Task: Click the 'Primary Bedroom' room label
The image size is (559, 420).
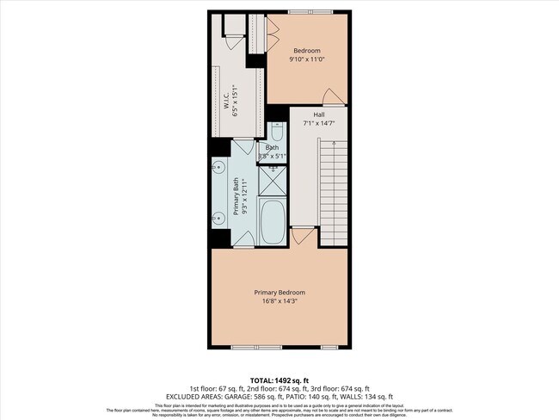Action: click(x=279, y=292)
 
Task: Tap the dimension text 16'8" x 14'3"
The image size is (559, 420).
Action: click(x=279, y=301)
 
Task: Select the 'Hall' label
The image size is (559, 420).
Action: click(x=318, y=114)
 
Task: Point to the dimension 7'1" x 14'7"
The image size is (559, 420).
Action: click(x=318, y=124)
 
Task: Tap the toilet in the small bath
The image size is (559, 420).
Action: click(x=277, y=133)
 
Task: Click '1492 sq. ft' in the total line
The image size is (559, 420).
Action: click(x=292, y=380)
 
